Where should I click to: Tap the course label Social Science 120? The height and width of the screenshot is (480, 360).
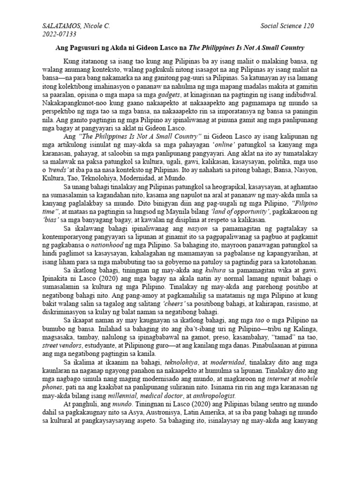[287, 26]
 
